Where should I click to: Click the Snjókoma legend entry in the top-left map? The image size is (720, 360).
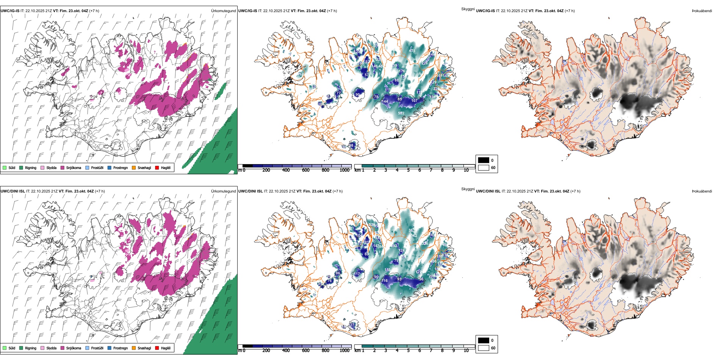point(74,167)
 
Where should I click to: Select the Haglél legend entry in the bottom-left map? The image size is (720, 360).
point(165,348)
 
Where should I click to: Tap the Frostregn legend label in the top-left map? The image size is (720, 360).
point(120,167)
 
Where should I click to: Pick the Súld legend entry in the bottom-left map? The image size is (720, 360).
point(12,348)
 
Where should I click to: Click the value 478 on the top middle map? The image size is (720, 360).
point(412,50)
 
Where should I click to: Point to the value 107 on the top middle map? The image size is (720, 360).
point(414,100)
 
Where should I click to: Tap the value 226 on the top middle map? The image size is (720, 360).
point(424,63)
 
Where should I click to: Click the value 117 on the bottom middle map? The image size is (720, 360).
point(357,274)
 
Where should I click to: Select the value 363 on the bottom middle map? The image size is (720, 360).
point(411,230)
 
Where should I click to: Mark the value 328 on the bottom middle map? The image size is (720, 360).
point(425,243)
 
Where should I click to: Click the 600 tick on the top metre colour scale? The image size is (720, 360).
point(305,170)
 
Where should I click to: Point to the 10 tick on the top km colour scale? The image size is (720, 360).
point(466,170)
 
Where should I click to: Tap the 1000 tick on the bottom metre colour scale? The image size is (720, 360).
point(344,351)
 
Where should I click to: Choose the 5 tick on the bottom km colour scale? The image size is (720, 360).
point(408,351)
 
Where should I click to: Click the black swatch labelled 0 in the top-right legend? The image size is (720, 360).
point(484,160)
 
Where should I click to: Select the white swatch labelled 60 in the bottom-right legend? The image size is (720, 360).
point(484,348)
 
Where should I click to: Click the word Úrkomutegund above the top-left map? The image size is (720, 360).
point(223,11)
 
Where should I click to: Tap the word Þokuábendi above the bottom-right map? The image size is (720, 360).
point(702,191)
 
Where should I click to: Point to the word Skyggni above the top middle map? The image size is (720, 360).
point(468,9)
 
